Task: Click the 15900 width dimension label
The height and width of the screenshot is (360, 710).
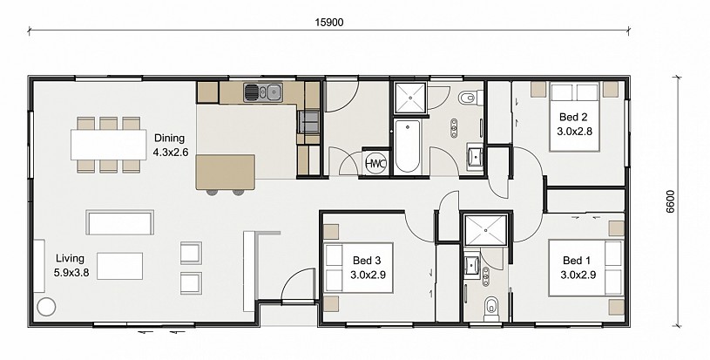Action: pos(329,22)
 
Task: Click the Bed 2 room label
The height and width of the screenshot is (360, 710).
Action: pos(573,118)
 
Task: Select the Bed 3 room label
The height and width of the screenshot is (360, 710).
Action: pos(367,261)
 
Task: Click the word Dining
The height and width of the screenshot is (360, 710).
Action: pos(169,138)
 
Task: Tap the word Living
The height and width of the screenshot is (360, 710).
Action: pos(70,259)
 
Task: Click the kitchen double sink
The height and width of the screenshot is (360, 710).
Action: pos(262,92)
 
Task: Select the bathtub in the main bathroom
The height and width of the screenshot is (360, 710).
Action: pos(408,146)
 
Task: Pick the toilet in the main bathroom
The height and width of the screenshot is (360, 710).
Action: pos(468,97)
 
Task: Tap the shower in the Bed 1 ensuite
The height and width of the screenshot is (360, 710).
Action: pos(486,230)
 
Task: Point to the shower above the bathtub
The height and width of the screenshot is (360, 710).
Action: pos(410,98)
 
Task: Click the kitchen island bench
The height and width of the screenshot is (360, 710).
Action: pos(225,172)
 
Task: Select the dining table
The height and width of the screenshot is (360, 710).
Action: pos(109,145)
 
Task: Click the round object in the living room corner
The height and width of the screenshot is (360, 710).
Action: pos(45,307)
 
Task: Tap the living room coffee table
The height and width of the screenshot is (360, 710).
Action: pos(119,266)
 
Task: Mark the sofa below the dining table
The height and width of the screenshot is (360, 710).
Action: pos(119,222)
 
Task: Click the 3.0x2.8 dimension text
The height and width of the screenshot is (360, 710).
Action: pos(575,132)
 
